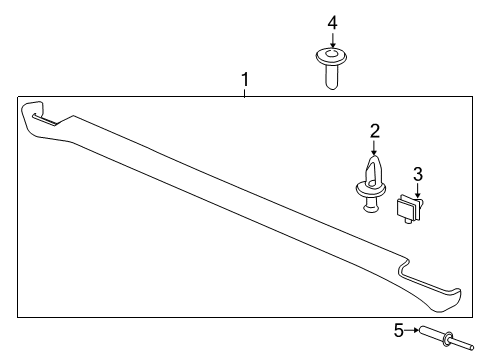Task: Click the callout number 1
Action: tap(242, 78)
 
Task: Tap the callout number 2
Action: tap(374, 130)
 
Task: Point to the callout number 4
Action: tap(332, 21)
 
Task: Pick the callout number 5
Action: tap(397, 330)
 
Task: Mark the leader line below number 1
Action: tap(242, 90)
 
